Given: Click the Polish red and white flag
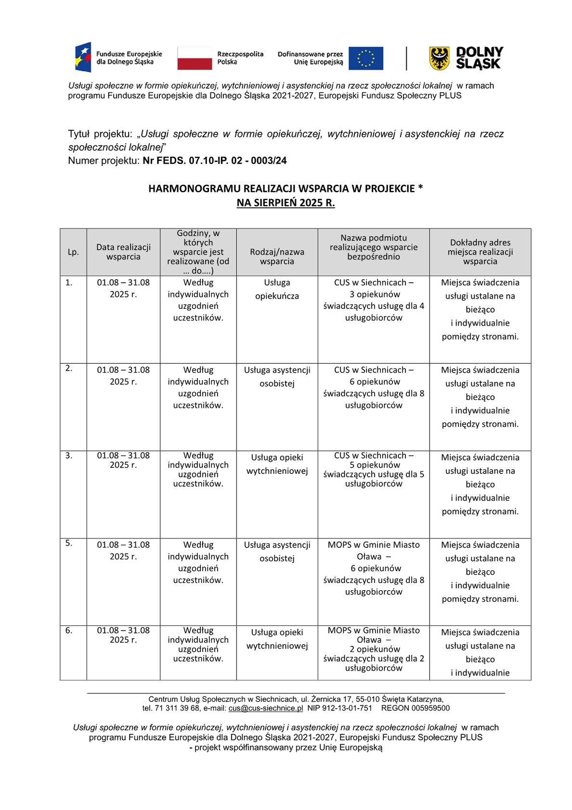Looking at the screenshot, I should tap(195, 58).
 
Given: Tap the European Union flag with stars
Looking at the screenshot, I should tap(365, 58).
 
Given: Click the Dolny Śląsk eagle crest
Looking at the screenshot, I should tap(439, 58).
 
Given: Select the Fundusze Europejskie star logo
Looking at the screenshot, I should tap(83, 57).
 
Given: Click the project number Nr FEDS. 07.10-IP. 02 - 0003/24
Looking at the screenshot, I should tap(215, 161).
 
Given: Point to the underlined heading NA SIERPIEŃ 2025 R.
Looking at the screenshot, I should tap(286, 202).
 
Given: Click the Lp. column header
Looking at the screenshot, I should tap(73, 252).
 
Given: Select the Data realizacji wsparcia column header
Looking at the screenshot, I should tap(123, 252).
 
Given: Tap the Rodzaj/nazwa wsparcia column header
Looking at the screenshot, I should tap(277, 256).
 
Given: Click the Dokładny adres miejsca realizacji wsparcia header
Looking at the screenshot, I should tap(480, 252).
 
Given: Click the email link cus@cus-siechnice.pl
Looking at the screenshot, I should tap(266, 708).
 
